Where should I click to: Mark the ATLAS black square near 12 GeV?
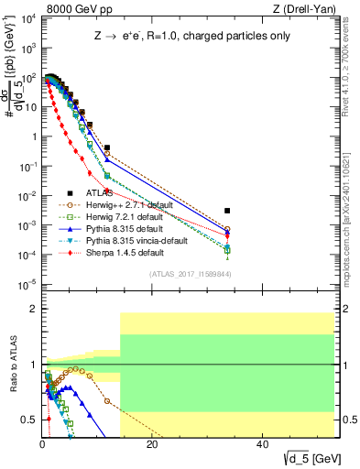[107, 147]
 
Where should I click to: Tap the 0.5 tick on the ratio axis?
[31, 420]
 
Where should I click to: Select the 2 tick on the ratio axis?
[35, 309]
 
